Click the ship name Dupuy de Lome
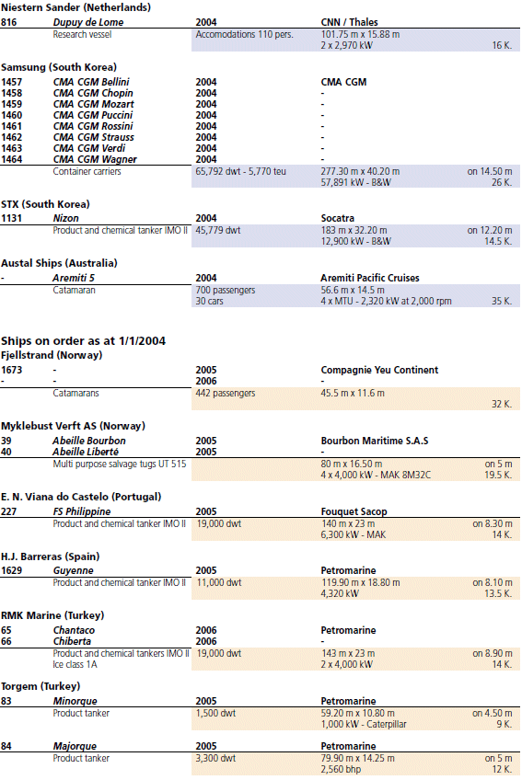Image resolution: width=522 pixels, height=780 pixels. pyautogui.click(x=88, y=22)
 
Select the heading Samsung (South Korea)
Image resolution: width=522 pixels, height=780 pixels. pyautogui.click(x=59, y=67)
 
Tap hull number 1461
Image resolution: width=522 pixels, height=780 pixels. pyautogui.click(x=11, y=126)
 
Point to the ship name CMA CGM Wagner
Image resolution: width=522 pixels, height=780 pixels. pyautogui.click(x=95, y=160)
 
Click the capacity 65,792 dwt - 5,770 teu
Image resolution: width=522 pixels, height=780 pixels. pyautogui.click(x=241, y=172)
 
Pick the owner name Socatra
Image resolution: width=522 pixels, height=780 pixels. pyautogui.click(x=338, y=218)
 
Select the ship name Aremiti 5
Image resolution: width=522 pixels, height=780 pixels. pyautogui.click(x=74, y=278)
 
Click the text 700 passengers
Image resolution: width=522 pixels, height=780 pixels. pyautogui.click(x=226, y=290)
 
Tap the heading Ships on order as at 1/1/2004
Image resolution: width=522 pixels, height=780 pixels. pyautogui.click(x=83, y=341)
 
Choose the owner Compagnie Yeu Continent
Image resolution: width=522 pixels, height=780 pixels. pyautogui.click(x=379, y=370)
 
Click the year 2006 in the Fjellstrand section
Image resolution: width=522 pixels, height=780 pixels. pyautogui.click(x=206, y=381)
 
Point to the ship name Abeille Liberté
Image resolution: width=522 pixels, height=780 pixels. pyautogui.click(x=86, y=452)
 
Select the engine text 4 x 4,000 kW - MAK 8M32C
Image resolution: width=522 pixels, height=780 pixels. pyautogui.click(x=376, y=475)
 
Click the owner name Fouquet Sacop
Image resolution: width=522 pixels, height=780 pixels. pyautogui.click(x=354, y=511)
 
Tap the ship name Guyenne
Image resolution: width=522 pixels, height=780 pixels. pyautogui.click(x=74, y=570)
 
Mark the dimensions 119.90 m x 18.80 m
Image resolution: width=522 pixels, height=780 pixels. pyautogui.click(x=360, y=582)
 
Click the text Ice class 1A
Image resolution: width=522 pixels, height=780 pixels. pyautogui.click(x=75, y=665)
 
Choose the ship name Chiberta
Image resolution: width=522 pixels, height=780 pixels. pyautogui.click(x=72, y=642)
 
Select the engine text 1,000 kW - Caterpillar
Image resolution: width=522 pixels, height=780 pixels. pyautogui.click(x=364, y=724)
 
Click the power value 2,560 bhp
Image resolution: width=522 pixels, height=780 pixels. pyautogui.click(x=340, y=770)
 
